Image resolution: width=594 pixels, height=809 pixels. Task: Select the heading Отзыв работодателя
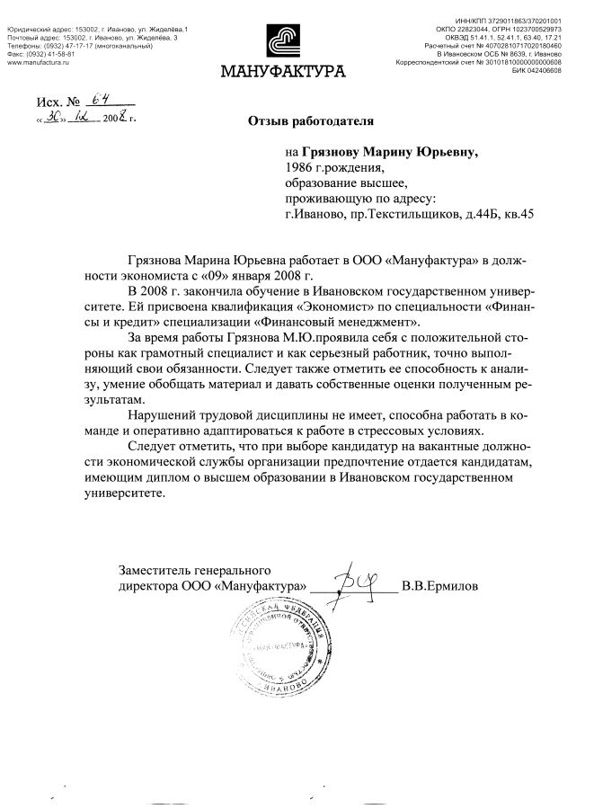click(310, 120)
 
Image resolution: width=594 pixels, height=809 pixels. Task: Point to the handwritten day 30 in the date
click(56, 118)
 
